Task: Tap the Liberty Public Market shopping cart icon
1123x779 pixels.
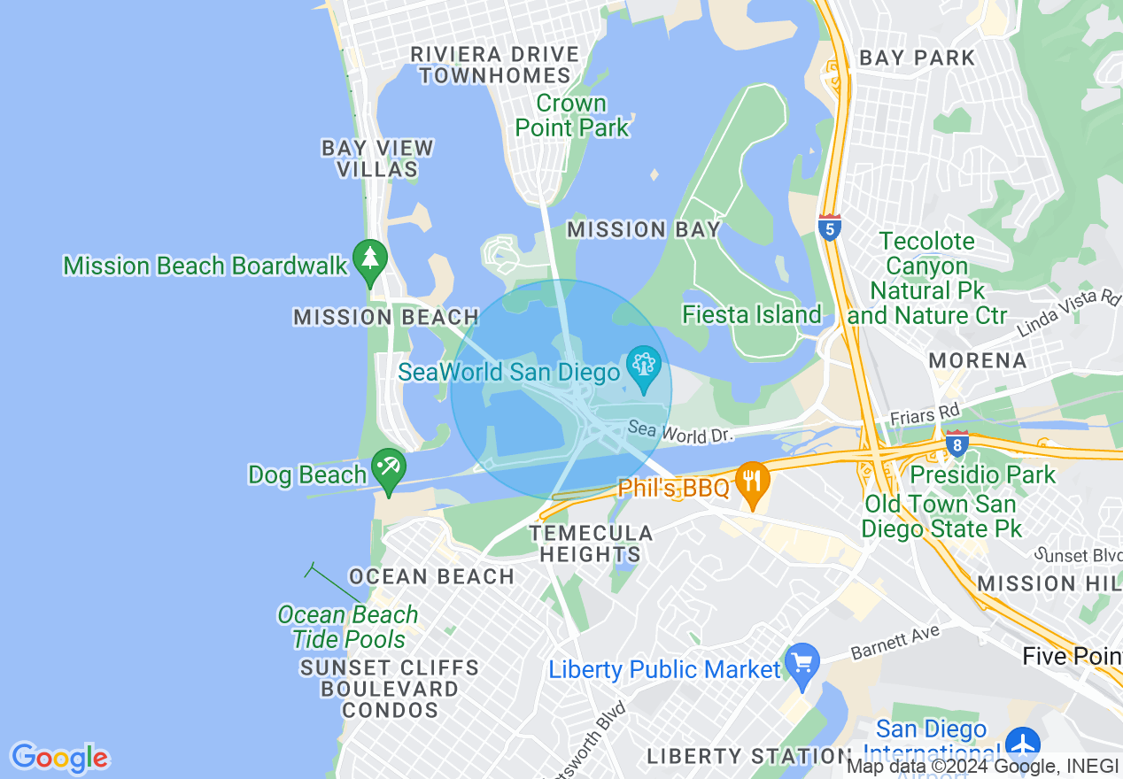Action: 802,666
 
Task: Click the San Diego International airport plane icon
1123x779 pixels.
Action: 1023,742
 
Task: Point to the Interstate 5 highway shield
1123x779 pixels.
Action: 830,228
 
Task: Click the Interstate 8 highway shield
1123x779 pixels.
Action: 956,443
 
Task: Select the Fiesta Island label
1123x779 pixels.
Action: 751,315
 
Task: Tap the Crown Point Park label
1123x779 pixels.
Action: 571,116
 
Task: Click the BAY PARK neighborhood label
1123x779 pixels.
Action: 917,58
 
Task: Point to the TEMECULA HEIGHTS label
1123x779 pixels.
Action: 591,544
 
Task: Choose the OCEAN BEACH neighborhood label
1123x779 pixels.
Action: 431,577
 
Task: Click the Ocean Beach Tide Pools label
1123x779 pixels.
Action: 348,627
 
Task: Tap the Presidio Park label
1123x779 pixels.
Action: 983,475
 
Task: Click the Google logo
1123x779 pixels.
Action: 59,757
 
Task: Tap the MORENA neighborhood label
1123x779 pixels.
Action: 977,361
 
